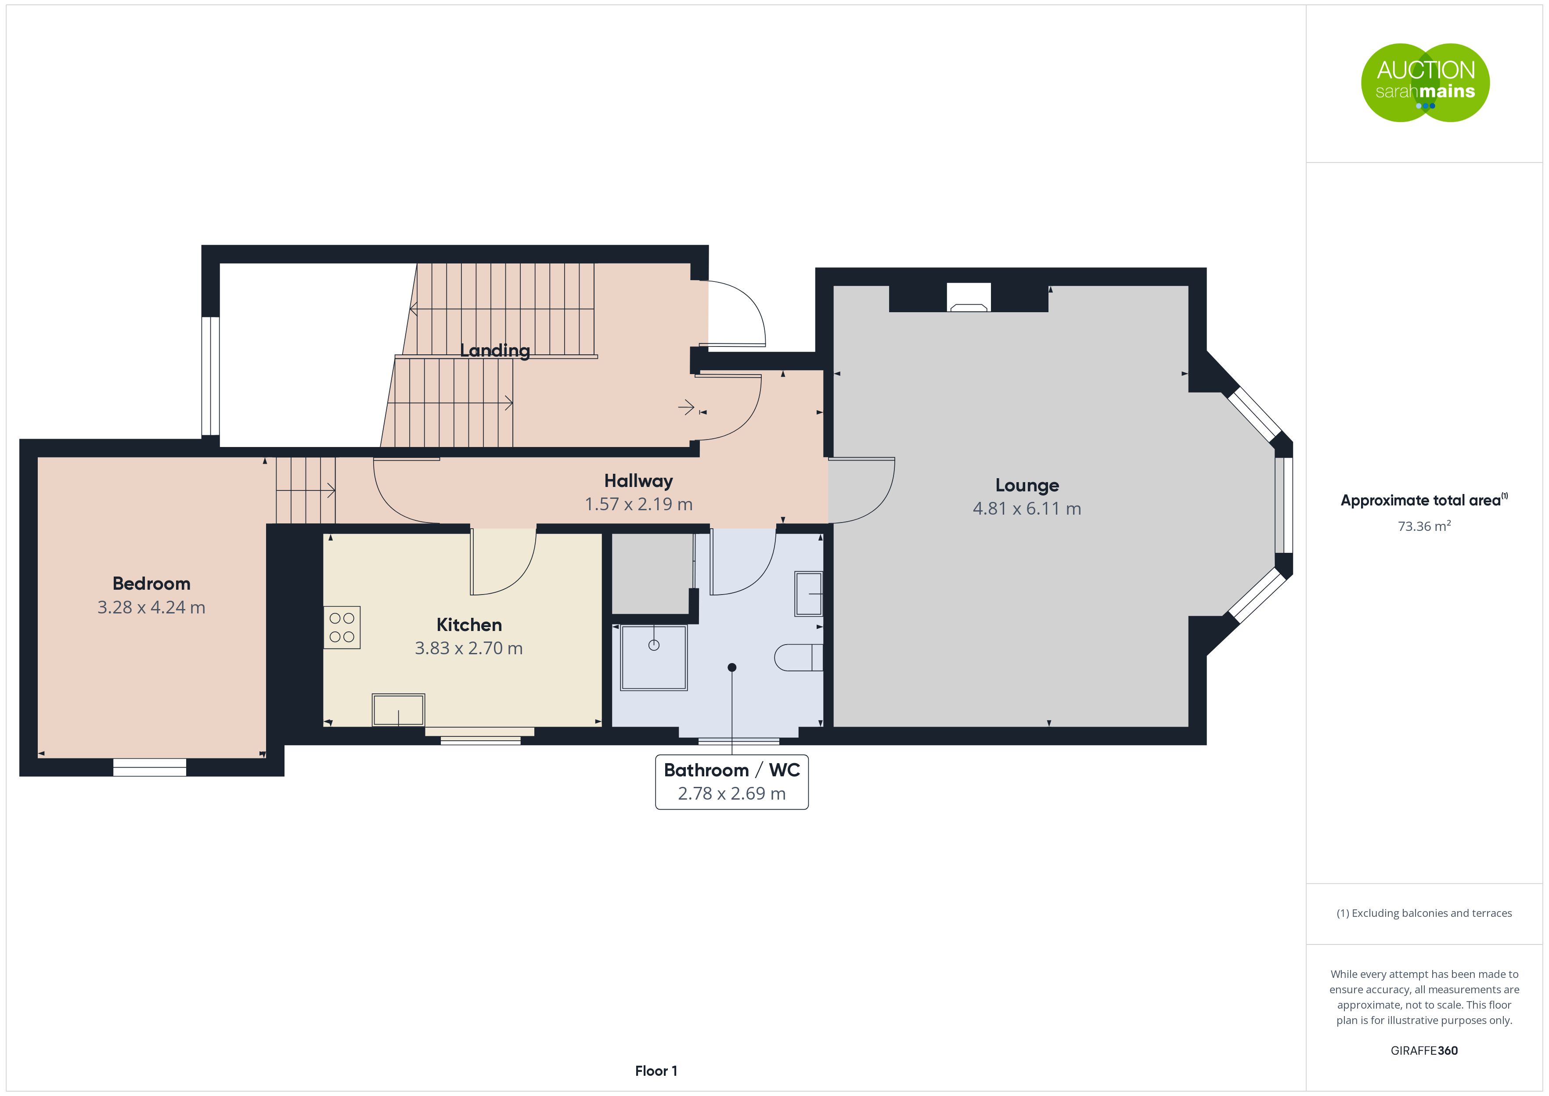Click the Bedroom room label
(151, 583)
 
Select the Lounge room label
(1027, 485)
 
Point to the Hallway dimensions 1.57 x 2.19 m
(638, 504)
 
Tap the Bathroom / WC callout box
(731, 782)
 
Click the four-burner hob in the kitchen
(342, 627)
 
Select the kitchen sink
(398, 710)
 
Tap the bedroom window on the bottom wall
(149, 768)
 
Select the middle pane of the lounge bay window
(1283, 505)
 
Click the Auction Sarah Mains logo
(1425, 83)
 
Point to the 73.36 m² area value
(1424, 526)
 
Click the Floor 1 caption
(656, 1071)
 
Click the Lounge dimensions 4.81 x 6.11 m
(1027, 509)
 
